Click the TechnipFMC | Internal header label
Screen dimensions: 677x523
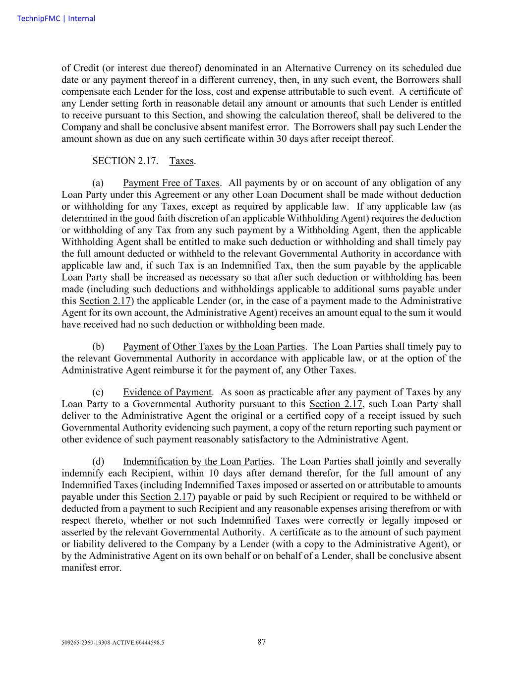(56, 19)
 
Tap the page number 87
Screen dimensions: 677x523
(262, 642)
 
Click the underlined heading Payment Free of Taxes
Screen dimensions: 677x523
(171, 183)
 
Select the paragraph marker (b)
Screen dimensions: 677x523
(98, 347)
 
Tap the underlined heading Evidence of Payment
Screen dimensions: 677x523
(167, 392)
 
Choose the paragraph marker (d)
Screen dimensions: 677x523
(98, 462)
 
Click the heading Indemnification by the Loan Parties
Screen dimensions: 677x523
(197, 462)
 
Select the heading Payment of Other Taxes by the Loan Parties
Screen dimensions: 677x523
(214, 347)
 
